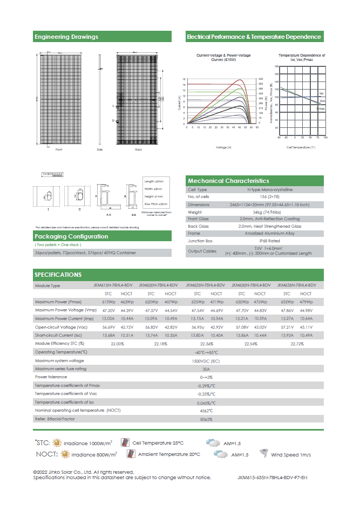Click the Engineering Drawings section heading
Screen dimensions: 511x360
[x=66, y=37]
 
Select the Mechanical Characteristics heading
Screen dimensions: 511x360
[x=228, y=181]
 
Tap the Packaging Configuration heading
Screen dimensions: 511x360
[x=71, y=236]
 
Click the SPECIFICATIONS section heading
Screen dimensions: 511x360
[x=58, y=275]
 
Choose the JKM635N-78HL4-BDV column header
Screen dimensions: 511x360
[x=296, y=285]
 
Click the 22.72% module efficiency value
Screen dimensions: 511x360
[x=297, y=343]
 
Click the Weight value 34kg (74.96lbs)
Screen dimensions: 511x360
[x=255, y=213]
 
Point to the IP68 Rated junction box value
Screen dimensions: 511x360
[x=255, y=241]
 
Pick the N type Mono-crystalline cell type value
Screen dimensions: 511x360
[x=255, y=189]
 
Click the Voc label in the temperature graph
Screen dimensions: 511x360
[x=322, y=101]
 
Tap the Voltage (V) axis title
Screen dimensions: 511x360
[x=223, y=147]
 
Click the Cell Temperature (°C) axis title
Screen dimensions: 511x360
[x=301, y=147]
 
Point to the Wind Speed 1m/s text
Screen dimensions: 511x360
[x=291, y=455]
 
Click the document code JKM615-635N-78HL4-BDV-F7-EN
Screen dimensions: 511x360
[x=273, y=478]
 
